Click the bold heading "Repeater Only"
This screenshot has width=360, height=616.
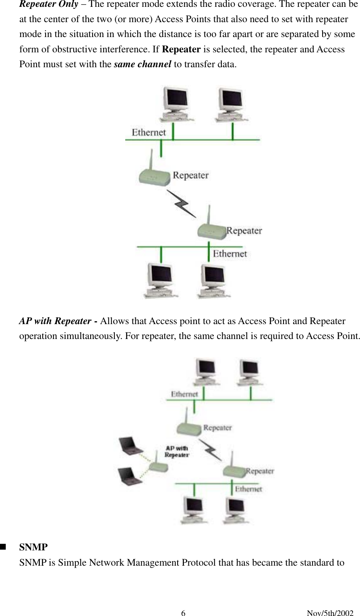pos(49,5)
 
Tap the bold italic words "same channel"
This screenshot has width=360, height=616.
pos(143,64)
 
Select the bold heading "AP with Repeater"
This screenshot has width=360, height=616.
pos(55,321)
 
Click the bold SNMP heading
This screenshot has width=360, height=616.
pos(33,548)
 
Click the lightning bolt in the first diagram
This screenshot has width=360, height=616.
pos(182,203)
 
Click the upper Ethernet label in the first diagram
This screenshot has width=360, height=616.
pos(149,132)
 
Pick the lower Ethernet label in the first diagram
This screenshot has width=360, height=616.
pos(230,254)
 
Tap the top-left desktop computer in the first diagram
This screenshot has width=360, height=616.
pos(176,104)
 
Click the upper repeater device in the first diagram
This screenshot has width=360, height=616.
pos(154,173)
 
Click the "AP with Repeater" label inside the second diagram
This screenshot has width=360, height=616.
pos(176,451)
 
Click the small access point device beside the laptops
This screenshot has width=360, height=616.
pos(158,466)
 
